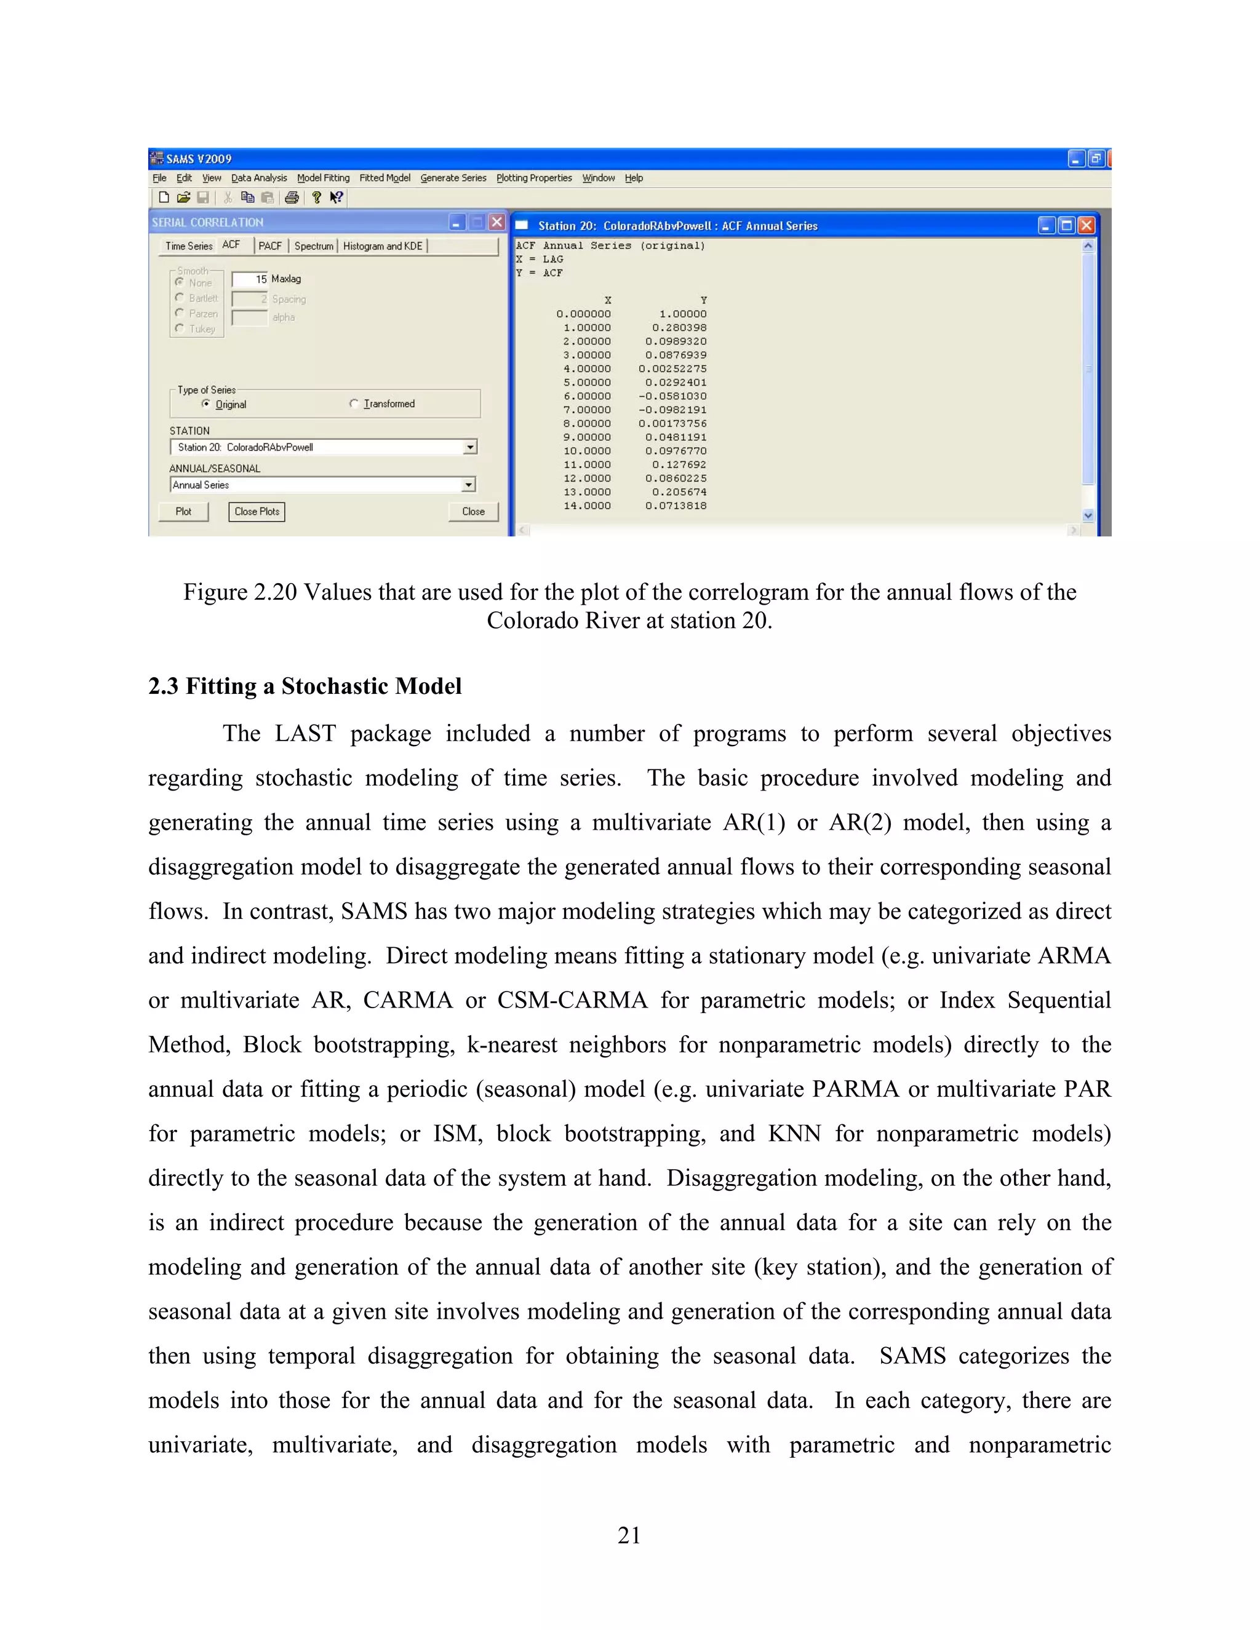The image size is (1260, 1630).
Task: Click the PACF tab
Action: [x=269, y=245]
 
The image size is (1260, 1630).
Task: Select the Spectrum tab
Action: [x=314, y=245]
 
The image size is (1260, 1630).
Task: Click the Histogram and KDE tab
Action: [x=383, y=245]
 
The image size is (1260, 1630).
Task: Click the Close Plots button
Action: [x=257, y=511]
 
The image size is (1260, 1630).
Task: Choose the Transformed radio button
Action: [x=354, y=404]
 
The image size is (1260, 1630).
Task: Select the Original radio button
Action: [x=206, y=404]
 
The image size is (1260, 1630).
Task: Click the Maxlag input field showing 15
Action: [x=250, y=279]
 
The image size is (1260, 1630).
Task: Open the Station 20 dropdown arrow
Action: [x=469, y=447]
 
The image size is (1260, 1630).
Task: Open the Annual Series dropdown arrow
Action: [x=468, y=485]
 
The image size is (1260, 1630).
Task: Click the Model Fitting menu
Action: [x=322, y=178]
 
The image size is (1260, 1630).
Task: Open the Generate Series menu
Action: [x=453, y=178]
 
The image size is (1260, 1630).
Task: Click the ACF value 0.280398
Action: [x=679, y=328]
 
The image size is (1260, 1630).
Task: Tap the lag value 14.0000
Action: [x=587, y=506]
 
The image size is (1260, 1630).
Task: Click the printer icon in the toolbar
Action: [x=292, y=198]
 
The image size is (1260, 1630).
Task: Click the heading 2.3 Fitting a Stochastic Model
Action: [x=305, y=686]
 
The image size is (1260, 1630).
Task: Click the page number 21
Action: [x=629, y=1535]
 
